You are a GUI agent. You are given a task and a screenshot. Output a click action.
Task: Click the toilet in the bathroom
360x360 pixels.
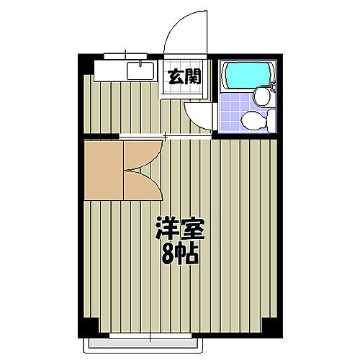tap(253, 120)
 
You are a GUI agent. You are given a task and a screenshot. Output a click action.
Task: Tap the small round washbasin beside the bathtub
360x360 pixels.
tap(262, 96)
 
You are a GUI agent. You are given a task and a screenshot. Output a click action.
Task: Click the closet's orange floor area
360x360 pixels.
tap(101, 168)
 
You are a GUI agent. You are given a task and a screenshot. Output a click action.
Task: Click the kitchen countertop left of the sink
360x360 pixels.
tap(108, 70)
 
